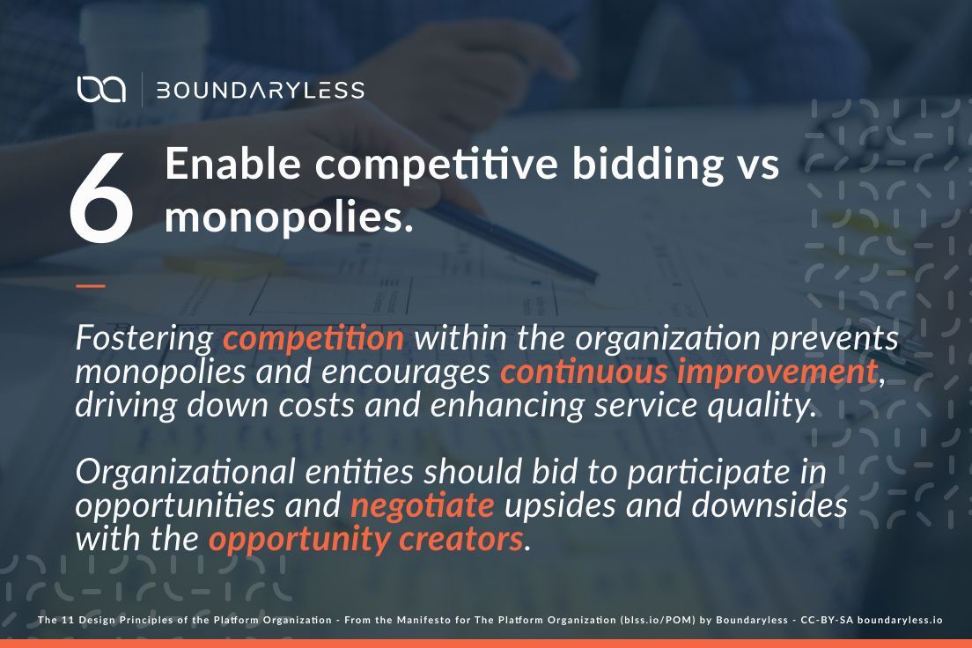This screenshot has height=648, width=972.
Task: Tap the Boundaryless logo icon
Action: [101, 90]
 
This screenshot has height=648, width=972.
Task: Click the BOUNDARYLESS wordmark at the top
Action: [260, 90]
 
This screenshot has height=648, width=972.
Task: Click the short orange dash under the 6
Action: [90, 285]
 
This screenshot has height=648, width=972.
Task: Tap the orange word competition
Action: [313, 338]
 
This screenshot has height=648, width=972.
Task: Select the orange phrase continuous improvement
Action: [688, 372]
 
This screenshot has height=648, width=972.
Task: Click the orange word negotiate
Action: [422, 505]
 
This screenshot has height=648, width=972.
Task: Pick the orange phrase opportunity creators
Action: [365, 539]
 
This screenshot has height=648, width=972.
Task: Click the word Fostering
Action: [144, 338]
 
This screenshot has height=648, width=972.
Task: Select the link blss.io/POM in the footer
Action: [661, 620]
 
